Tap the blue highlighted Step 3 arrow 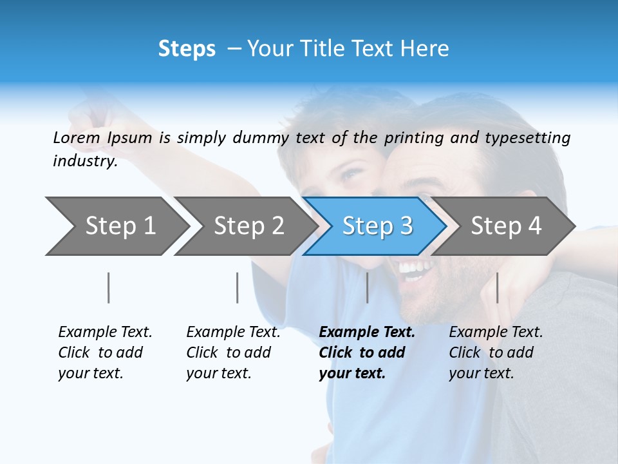coord(377,226)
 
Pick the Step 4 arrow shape coord(506,226)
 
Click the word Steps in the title coord(187,49)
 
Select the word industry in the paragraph coord(84,160)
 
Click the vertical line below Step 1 coord(109,287)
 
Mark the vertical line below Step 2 coord(238,287)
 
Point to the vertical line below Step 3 coord(367,287)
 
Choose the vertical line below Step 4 coord(497,287)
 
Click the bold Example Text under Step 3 coord(367,333)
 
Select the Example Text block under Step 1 coord(105,353)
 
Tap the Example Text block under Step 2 coord(233,353)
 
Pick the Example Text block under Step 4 coord(496,353)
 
